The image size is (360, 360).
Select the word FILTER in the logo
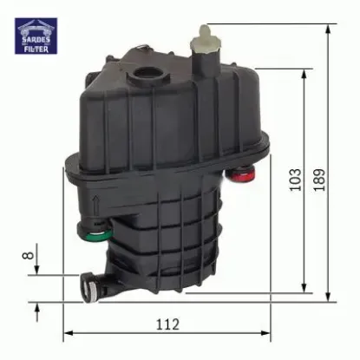(36, 49)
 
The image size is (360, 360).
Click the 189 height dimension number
(322, 177)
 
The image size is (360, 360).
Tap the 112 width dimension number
(167, 324)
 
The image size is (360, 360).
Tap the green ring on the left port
(94, 232)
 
